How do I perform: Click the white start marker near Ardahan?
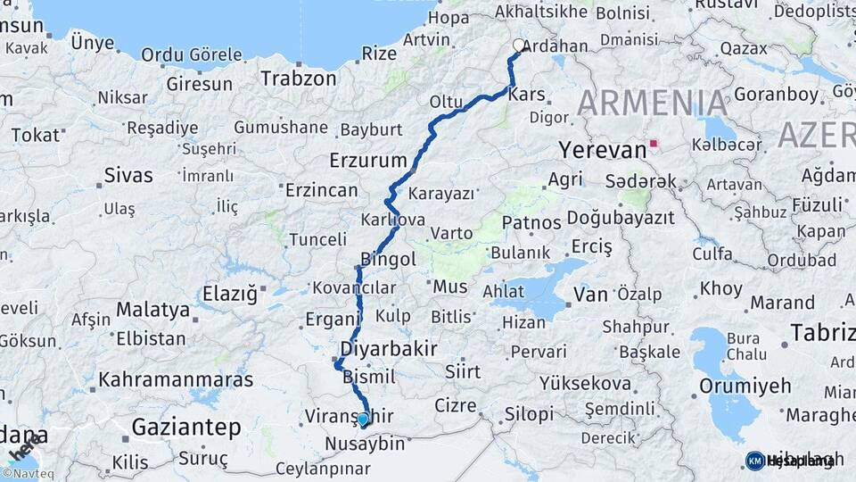tap(519, 45)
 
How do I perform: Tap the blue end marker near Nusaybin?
tap(363, 418)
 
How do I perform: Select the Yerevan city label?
tap(601, 149)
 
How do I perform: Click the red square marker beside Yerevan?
tap(654, 143)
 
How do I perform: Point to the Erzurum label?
tap(367, 161)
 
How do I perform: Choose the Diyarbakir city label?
tap(389, 349)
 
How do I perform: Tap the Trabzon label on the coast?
tap(299, 79)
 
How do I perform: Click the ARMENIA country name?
tap(653, 103)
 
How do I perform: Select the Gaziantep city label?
tap(186, 428)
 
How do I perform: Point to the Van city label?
tap(590, 294)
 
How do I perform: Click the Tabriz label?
tap(821, 333)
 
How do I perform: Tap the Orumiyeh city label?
tap(745, 386)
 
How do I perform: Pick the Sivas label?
tap(128, 175)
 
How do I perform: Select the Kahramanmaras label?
tap(176, 379)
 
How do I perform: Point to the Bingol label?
tap(388, 260)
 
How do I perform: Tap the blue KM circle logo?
tap(754, 461)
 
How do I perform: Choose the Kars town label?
tap(526, 95)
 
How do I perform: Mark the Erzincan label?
tap(321, 190)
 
